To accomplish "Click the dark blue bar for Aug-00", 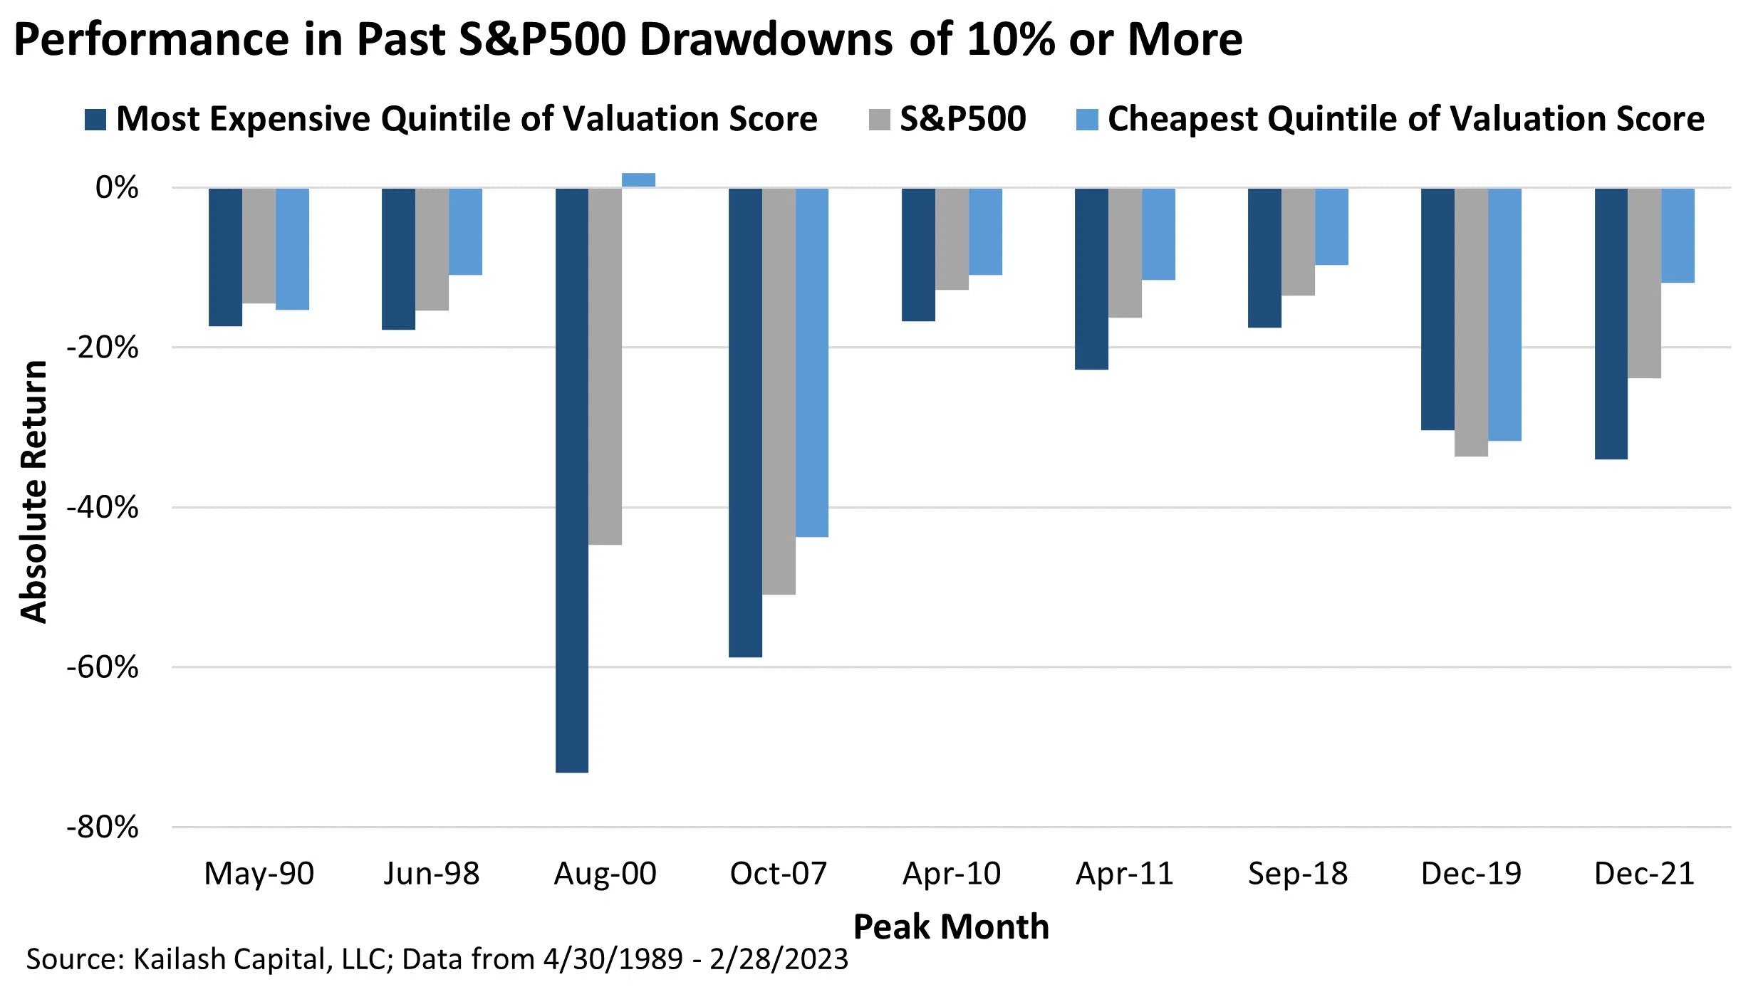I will [x=572, y=480].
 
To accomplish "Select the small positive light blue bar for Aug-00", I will [x=638, y=180].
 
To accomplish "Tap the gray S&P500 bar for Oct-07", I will [x=779, y=391].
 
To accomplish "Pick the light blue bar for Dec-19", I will [x=1504, y=314].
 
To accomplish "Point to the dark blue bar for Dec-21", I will [x=1611, y=323].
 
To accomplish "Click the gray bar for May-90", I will [x=259, y=246].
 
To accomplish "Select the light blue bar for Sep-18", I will [x=1331, y=226].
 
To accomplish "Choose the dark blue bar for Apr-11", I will [x=1091, y=278].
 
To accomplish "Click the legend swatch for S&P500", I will [x=879, y=120].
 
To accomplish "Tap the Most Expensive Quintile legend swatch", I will [x=95, y=120].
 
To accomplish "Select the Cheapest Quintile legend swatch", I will [x=1087, y=120].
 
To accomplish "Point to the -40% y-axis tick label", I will [x=103, y=508].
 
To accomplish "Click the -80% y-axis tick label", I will [x=103, y=827].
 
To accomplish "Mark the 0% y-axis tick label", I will [x=117, y=188].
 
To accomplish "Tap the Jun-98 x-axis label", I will [x=432, y=874].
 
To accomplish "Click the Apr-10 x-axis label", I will [x=952, y=874].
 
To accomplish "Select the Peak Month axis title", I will [x=951, y=927].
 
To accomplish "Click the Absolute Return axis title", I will [x=33, y=491].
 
